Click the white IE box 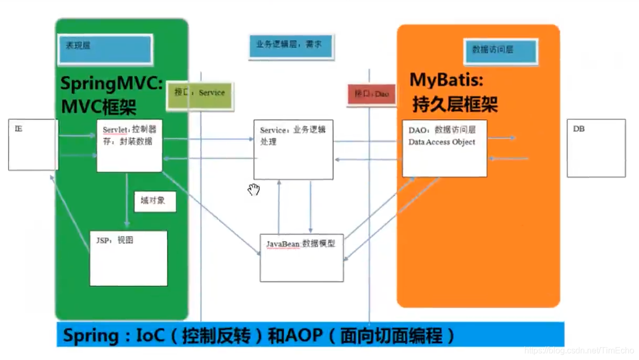pos(33,145)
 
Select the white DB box pos(596,148)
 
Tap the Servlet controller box pos(129,146)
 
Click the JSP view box pos(128,258)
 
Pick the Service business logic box pos(293,149)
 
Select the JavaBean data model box pos(301,258)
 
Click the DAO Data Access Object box pos(444,149)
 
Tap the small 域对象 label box pos(155,201)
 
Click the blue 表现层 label pos(105,49)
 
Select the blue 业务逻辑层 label pos(291,46)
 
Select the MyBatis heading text pos(446,80)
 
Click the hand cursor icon pos(254,190)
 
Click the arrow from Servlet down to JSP pos(127,200)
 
